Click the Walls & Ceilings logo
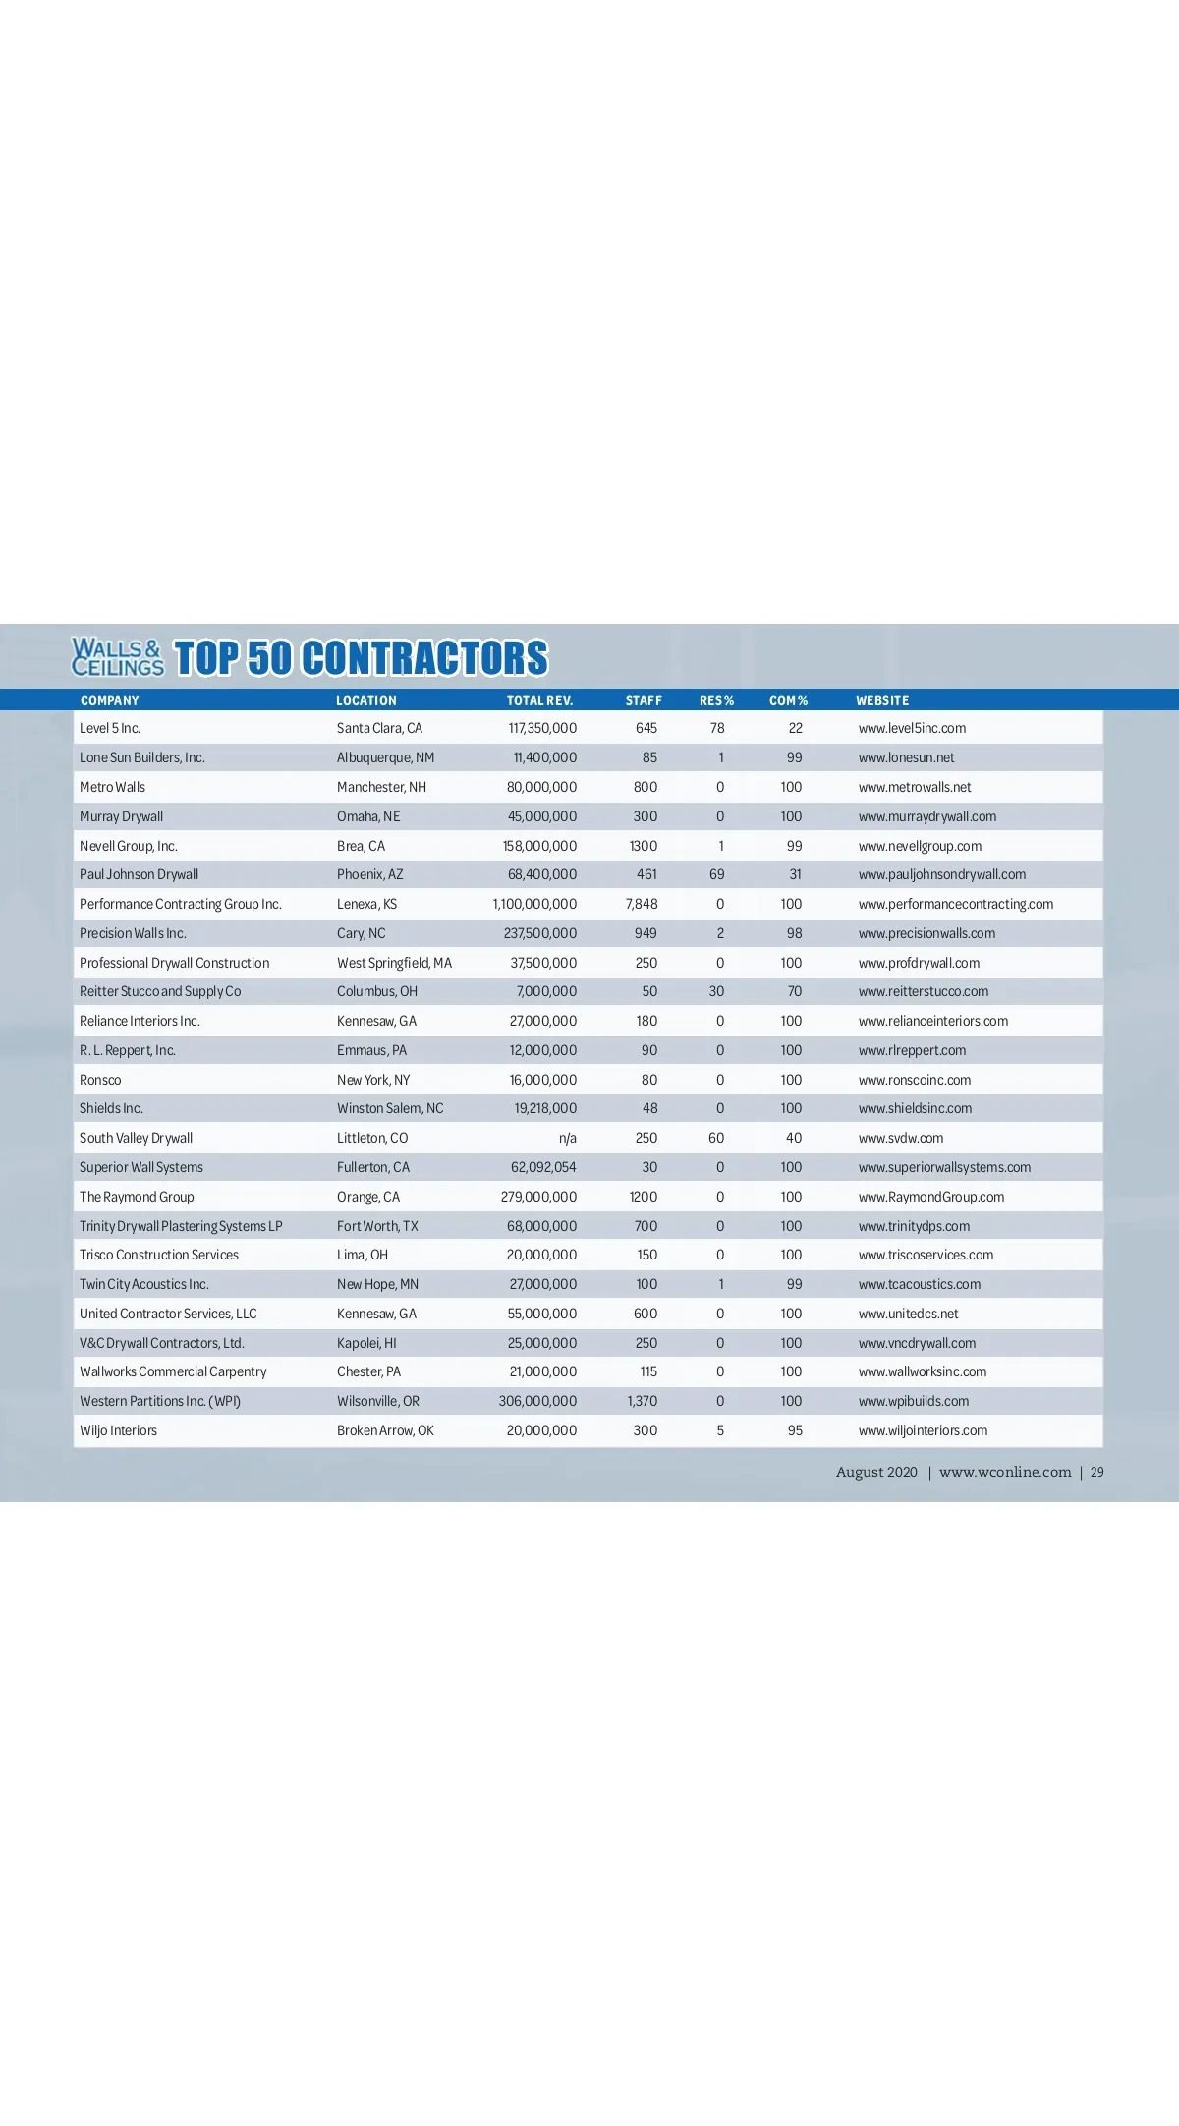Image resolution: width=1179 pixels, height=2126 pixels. pos(117,657)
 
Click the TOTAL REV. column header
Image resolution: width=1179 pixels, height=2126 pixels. pos(539,700)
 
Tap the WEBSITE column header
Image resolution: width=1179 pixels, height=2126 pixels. pos(882,700)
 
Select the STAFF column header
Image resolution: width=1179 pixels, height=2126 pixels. pos(644,700)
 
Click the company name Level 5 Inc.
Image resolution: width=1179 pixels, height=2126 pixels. pos(110,728)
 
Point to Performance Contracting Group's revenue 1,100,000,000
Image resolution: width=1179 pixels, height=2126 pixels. pos(534,904)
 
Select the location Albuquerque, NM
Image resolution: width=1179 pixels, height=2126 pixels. pos(385,757)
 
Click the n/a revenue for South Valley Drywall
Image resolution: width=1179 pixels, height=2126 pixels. pos(567,1138)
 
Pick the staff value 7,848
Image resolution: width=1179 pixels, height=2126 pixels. pos(642,904)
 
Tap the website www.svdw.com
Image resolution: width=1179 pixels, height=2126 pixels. pos(901,1138)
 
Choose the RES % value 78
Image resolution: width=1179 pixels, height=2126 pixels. pos(717,728)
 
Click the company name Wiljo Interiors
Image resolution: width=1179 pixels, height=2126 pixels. pos(118,1430)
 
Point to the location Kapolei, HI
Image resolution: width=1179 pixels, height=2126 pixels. pos(366,1343)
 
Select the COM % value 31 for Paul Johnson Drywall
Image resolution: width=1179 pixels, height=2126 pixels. pos(795,874)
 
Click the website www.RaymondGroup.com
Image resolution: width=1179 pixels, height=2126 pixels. pos(931,1197)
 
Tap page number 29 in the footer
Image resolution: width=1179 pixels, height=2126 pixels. pos(1096,1472)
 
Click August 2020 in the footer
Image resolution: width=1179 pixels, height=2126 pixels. pos(876,1472)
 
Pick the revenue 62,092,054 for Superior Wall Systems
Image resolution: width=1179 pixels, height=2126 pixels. pos(543,1167)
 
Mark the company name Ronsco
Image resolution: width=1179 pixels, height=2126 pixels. pos(100,1080)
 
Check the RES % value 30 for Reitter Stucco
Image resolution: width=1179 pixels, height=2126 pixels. pos(716,991)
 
